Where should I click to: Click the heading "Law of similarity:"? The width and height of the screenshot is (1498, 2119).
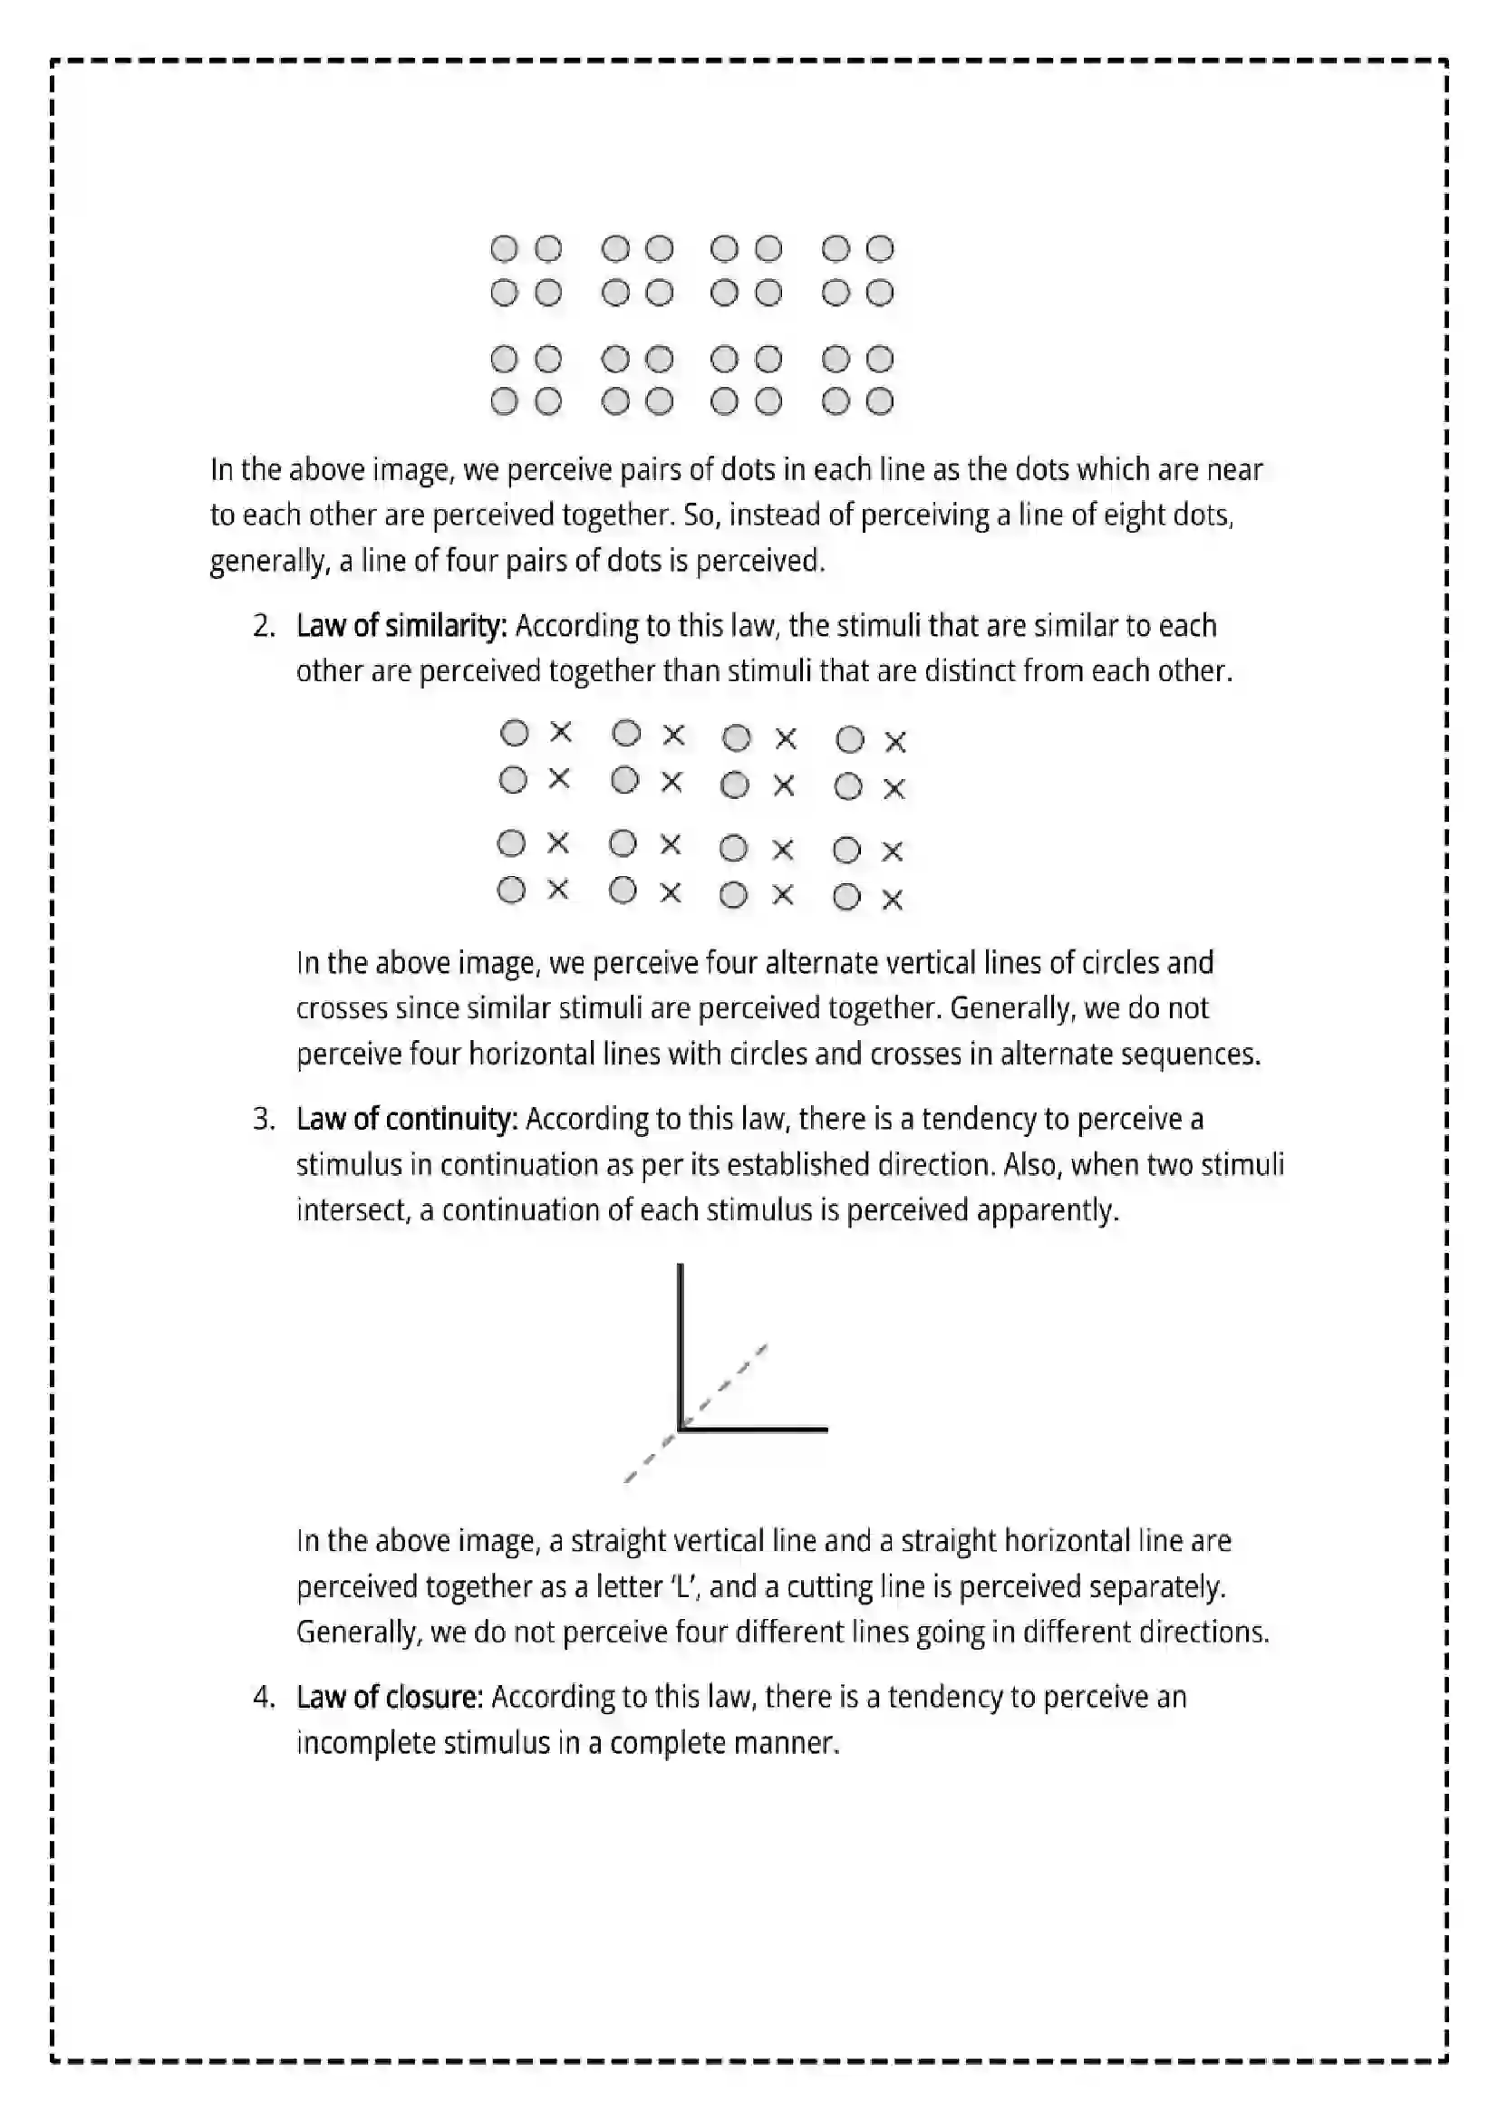(x=401, y=627)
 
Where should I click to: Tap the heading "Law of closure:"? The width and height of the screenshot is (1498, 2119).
(x=390, y=1697)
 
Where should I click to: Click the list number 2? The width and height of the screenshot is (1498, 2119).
(x=264, y=627)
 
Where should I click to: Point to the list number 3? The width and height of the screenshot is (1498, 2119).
(x=264, y=1120)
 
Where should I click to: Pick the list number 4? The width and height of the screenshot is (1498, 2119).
(x=264, y=1697)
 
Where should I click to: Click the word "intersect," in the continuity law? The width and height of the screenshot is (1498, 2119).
(x=353, y=1210)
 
